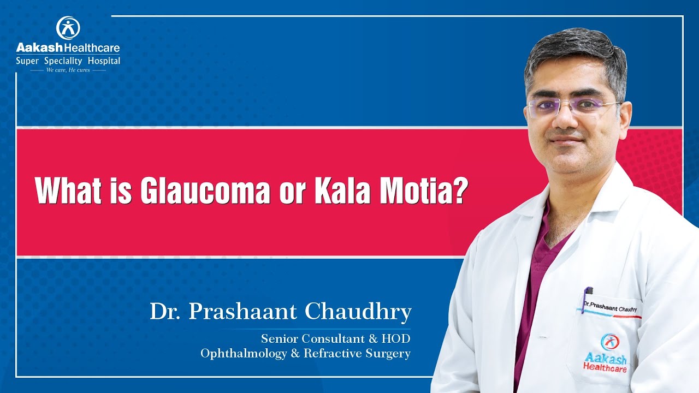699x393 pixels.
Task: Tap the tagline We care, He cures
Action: (68, 70)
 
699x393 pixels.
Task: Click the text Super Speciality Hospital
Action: (68, 61)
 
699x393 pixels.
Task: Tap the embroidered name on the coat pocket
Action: (611, 306)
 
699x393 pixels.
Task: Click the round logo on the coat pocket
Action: (608, 342)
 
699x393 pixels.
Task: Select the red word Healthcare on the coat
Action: (605, 367)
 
